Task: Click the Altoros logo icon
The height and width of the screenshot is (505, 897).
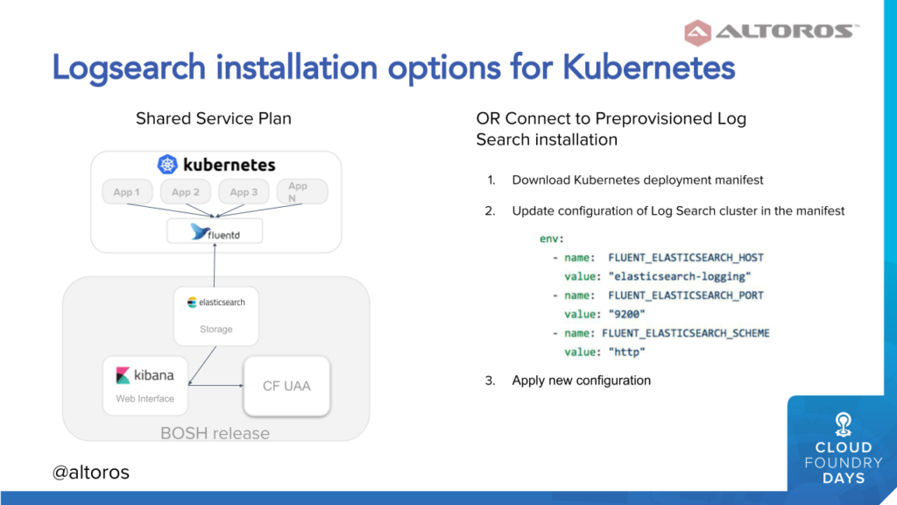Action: coord(697,32)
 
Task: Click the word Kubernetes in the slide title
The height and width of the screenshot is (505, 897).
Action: coord(648,68)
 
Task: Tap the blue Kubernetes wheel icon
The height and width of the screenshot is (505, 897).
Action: coord(167,165)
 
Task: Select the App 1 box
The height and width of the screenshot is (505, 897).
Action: coord(127,192)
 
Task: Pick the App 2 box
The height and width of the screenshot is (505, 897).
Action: coord(186,192)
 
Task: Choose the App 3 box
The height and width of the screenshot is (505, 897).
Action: coord(244,192)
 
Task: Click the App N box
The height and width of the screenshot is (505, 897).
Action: coord(302,192)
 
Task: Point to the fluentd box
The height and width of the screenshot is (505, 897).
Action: coord(215,231)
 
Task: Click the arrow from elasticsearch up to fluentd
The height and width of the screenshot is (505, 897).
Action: coord(215,265)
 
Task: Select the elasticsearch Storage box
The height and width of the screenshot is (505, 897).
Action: coord(215,316)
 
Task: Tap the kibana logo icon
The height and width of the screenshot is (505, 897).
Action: coord(123,375)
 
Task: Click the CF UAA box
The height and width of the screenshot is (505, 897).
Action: coord(286,386)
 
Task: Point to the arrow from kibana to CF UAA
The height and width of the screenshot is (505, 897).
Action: coord(215,386)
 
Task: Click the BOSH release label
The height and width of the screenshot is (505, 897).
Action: coord(215,433)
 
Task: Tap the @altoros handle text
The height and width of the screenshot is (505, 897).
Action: coord(90,473)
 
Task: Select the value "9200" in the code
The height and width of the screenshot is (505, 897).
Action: coord(626,315)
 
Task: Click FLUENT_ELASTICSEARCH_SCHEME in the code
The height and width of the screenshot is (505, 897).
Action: coord(685,333)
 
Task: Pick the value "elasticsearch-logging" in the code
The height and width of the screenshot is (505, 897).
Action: coord(680,276)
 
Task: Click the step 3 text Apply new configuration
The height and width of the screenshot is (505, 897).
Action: coord(582,381)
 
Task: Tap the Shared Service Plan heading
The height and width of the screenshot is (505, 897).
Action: coord(214,118)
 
